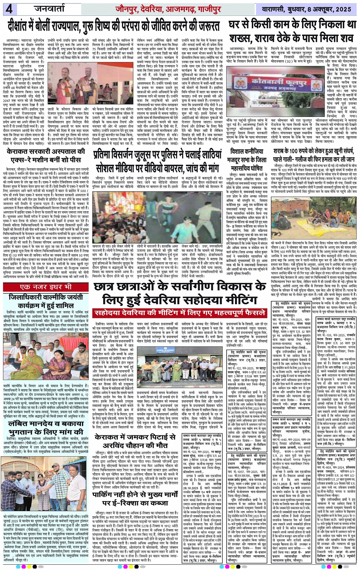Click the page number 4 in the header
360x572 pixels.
[x=8, y=8]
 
